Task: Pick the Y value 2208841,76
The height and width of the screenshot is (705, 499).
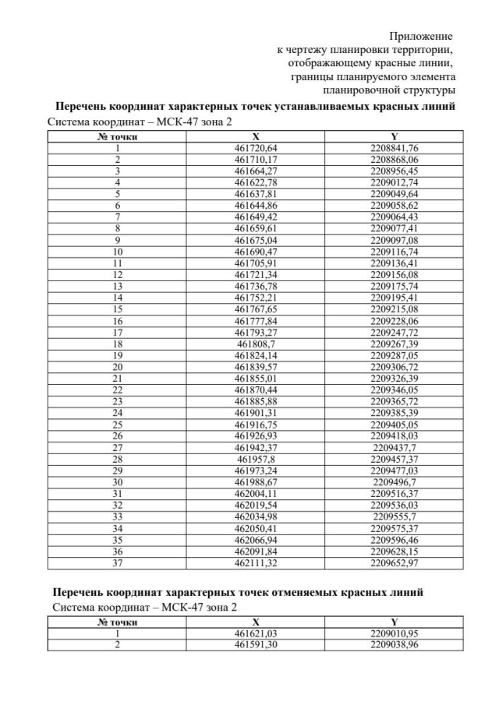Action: pos(394,147)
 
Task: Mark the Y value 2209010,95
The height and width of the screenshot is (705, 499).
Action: pos(394,634)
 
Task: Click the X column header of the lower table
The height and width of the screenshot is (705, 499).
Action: pos(256,622)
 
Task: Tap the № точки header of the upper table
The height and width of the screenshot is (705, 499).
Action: pos(118,136)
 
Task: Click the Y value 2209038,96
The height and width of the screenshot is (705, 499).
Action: pos(394,645)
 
